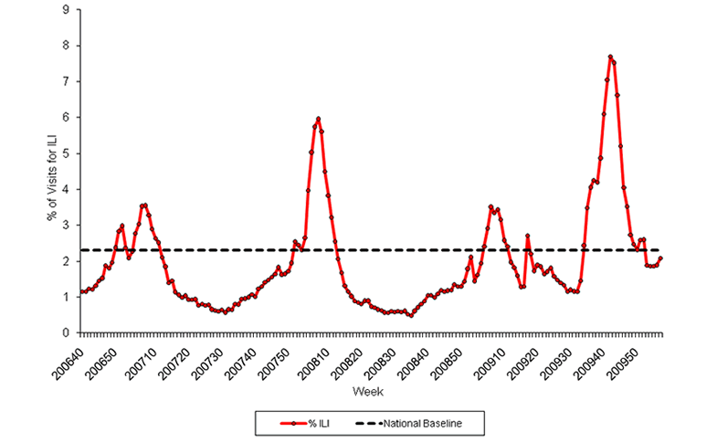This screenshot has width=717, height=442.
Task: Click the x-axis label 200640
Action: tap(66, 358)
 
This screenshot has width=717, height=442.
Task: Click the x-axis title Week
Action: tap(371, 391)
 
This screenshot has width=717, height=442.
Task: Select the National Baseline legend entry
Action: tap(426, 423)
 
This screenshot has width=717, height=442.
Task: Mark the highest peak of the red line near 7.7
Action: tap(610, 57)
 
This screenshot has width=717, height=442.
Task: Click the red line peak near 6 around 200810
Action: tap(318, 119)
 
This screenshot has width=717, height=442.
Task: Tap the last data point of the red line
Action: tap(660, 258)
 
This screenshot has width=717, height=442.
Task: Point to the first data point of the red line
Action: tap(81, 291)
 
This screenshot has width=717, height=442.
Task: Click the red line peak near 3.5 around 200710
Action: tap(144, 205)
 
